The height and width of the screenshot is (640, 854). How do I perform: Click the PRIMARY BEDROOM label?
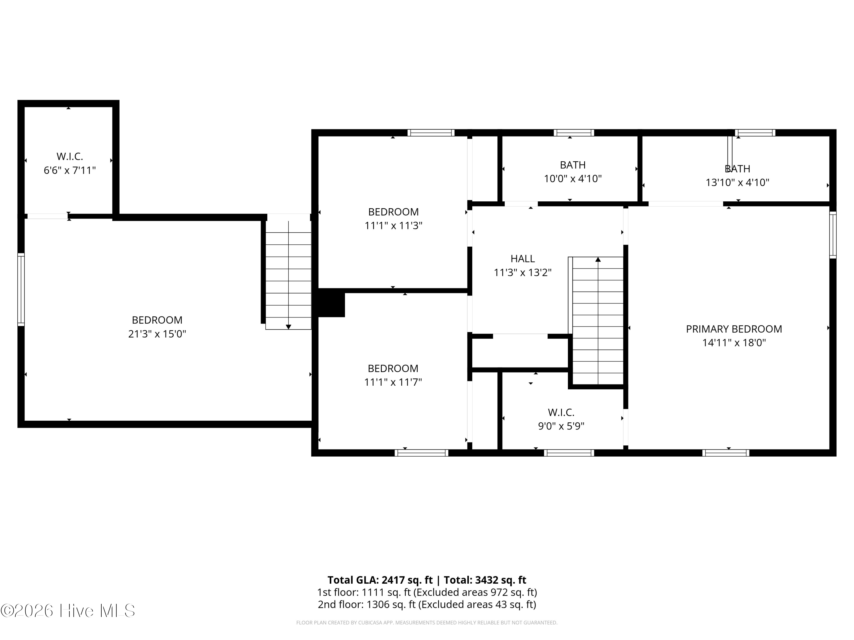coord(734,329)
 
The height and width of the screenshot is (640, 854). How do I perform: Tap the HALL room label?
coord(523,259)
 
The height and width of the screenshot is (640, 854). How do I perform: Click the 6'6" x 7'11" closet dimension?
coord(69,170)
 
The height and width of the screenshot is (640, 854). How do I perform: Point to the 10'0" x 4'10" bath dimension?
coord(573,179)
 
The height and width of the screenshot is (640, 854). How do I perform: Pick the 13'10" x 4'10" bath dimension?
coord(737,183)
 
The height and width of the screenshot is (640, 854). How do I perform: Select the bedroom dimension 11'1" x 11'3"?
coord(393,226)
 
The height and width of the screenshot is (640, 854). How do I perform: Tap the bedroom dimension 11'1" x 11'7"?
coord(393,382)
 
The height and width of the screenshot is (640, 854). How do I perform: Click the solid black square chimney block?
coord(331,304)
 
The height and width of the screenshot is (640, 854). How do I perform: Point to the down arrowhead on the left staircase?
coord(288,327)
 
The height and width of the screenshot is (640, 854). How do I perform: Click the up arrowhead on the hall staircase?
coord(598,260)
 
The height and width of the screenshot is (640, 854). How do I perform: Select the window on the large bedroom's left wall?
coord(21,290)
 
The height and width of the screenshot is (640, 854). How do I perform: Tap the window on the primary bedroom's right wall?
coord(833,235)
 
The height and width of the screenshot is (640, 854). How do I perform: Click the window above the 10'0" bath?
coord(574,133)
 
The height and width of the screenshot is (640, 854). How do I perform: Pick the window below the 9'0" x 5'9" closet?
coord(569,453)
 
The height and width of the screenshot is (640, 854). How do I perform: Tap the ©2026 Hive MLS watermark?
coord(68,611)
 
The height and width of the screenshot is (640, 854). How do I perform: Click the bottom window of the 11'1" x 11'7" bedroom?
coord(422,453)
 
